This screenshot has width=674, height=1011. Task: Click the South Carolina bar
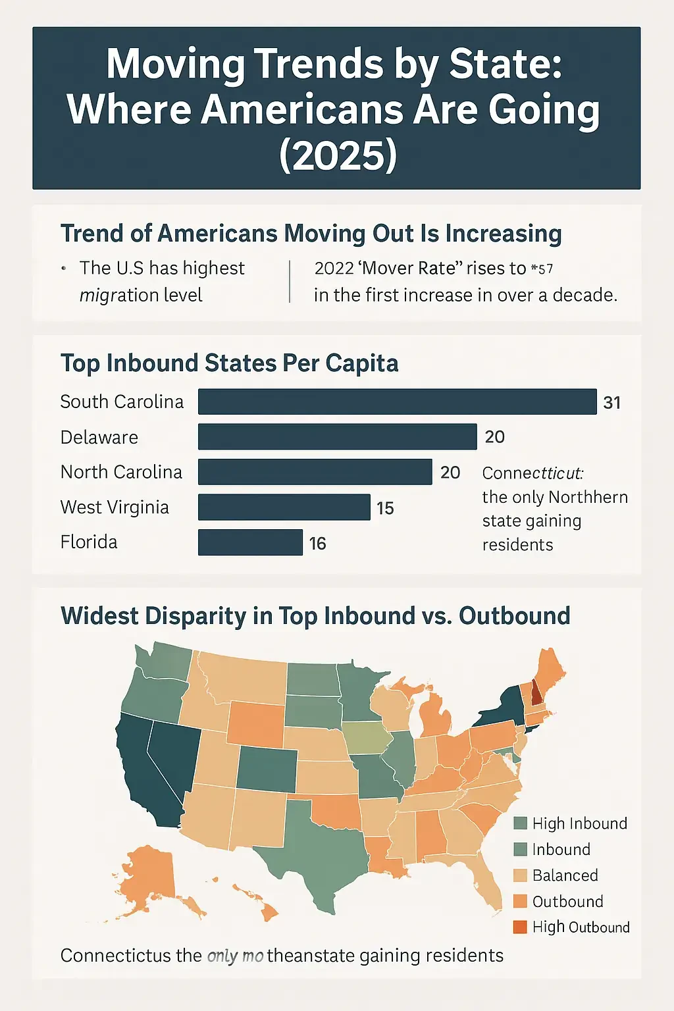(x=397, y=402)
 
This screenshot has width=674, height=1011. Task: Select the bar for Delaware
(x=337, y=437)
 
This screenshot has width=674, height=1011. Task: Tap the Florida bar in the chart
(x=250, y=542)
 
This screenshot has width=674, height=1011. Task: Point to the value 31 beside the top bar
(x=611, y=403)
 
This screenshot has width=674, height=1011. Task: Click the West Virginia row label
(x=115, y=507)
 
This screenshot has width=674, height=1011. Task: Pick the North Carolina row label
(x=121, y=472)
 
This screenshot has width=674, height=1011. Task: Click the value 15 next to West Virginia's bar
(x=385, y=508)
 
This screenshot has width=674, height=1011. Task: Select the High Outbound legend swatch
(x=520, y=927)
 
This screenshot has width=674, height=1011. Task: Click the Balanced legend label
(x=565, y=875)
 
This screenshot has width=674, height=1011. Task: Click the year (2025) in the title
(x=338, y=155)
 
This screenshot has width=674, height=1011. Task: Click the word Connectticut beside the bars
(x=532, y=473)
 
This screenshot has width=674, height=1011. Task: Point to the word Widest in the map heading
(x=99, y=616)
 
